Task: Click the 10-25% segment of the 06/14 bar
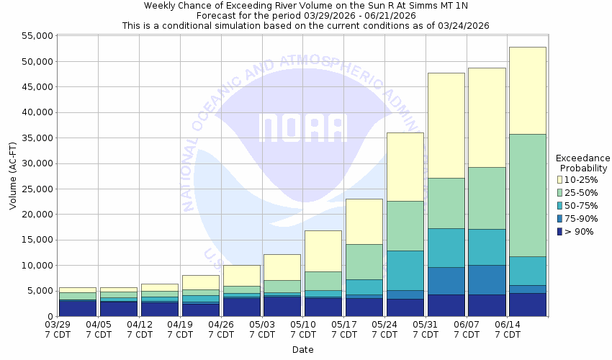[527, 90]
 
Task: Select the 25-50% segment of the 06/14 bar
[527, 195]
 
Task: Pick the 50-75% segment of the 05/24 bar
[405, 271]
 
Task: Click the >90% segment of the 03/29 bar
[78, 308]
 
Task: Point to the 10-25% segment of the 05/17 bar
[364, 221]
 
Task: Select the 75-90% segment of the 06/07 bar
[487, 279]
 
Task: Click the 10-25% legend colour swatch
[559, 179]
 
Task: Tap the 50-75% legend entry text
[582, 205]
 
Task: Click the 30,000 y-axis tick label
[35, 163]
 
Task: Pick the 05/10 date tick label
[304, 330]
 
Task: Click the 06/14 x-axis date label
[508, 330]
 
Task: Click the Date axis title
[302, 350]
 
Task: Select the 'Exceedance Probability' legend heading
[583, 163]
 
